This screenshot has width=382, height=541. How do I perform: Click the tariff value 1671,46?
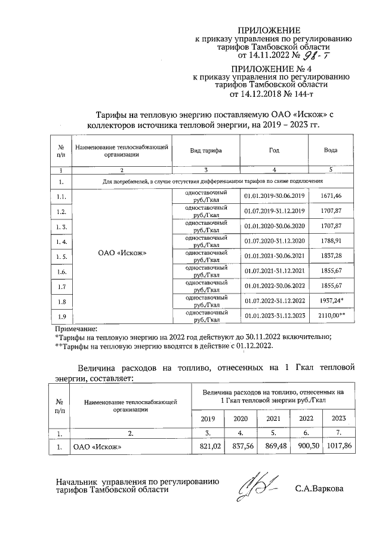click(330, 195)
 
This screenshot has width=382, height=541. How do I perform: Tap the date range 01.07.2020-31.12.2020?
click(275, 241)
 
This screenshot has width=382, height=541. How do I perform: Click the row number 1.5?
click(61, 256)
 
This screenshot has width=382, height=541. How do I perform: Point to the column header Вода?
click(330, 151)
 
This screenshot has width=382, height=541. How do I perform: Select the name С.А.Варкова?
click(319, 488)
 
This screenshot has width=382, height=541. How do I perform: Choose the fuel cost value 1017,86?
click(340, 445)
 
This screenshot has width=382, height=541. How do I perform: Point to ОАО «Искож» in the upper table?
click(122, 252)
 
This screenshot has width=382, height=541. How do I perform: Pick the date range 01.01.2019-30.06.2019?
click(275, 195)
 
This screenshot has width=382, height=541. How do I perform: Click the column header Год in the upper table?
click(274, 151)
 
